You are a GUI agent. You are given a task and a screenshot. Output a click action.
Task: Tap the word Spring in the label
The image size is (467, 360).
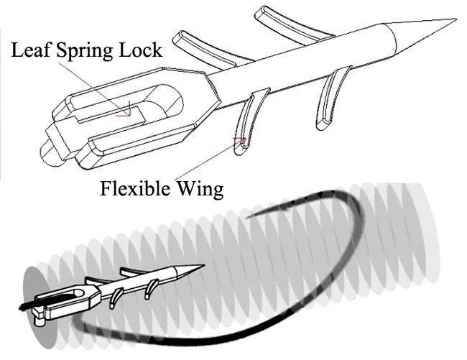tap(84, 50)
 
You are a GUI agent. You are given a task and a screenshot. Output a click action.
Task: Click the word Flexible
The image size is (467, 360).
tap(135, 188)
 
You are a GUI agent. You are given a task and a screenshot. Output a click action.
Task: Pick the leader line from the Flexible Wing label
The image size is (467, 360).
tap(208, 160)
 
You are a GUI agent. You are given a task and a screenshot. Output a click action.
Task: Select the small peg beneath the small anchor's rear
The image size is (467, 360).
tap(40, 322)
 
